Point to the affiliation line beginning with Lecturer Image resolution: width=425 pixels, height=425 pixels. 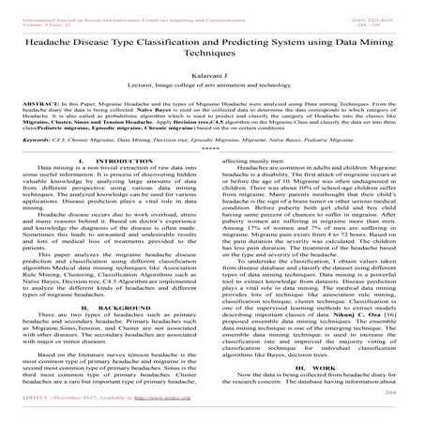212,99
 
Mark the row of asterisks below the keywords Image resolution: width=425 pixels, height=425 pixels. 212,175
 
